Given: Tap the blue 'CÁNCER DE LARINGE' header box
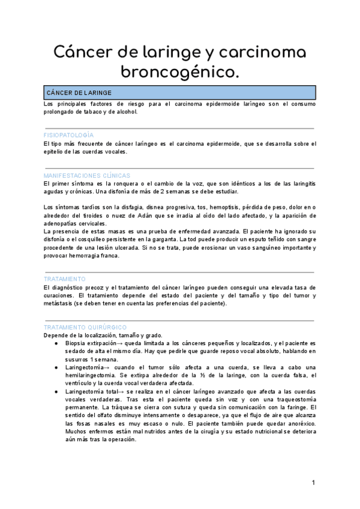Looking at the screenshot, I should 180,93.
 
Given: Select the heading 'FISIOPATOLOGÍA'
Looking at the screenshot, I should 68,136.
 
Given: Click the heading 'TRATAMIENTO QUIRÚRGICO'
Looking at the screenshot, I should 85,327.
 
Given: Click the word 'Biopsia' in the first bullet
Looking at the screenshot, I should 68,343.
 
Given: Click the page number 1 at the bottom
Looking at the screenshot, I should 313,483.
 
